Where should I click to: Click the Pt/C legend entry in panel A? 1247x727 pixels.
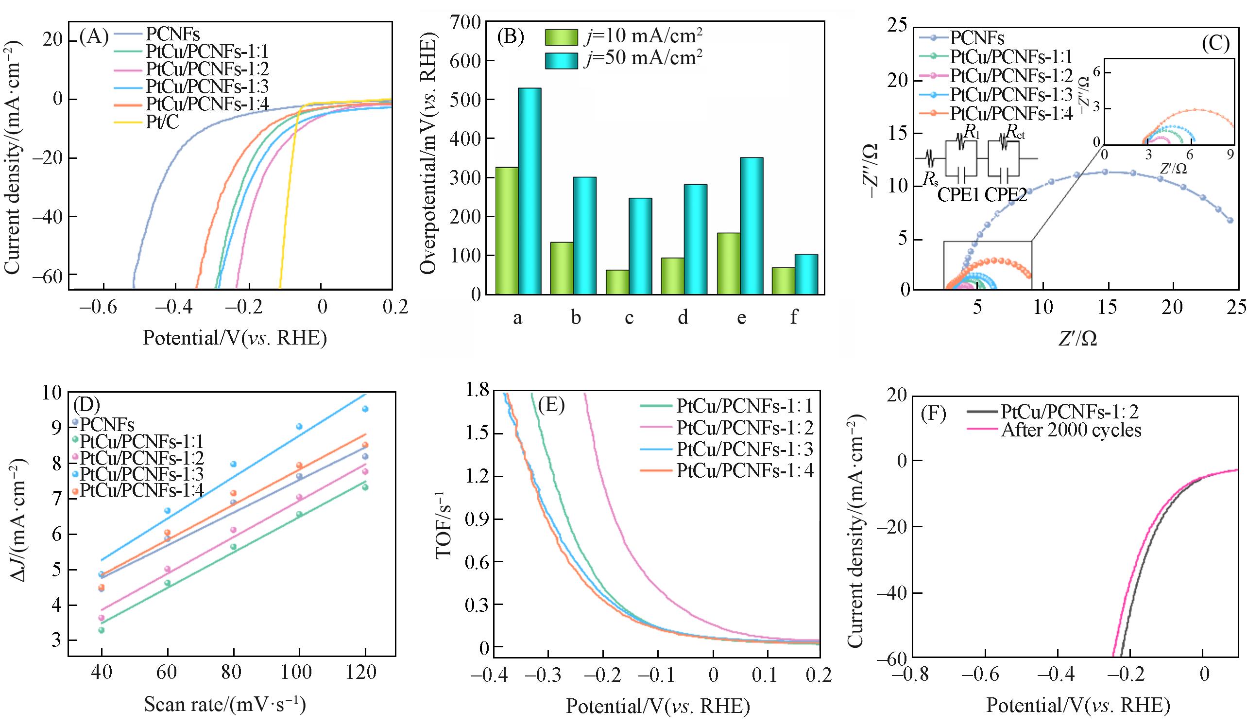click(162, 122)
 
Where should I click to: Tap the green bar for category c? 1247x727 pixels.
click(617, 281)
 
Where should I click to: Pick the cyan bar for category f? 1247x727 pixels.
click(806, 274)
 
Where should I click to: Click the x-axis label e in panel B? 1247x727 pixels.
click(741, 317)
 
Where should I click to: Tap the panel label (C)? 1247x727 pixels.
click(1215, 44)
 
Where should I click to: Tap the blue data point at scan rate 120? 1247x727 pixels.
click(365, 409)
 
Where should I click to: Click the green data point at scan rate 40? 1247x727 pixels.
click(102, 630)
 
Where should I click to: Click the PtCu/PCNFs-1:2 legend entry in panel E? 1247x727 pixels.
click(744, 428)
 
